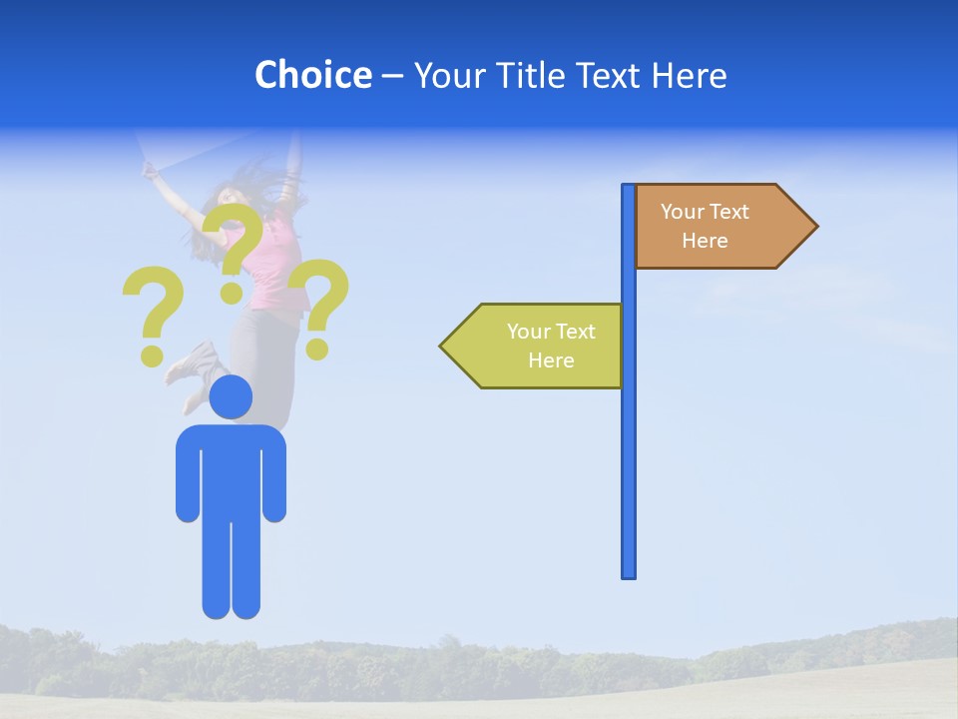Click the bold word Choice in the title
tap(312, 75)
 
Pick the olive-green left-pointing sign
tap(539, 346)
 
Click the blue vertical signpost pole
tap(629, 449)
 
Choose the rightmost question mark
tap(321, 305)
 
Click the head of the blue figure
tap(231, 396)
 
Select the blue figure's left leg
tap(217, 569)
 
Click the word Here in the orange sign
tap(705, 241)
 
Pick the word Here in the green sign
tap(551, 360)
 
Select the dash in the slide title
tap(392, 76)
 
